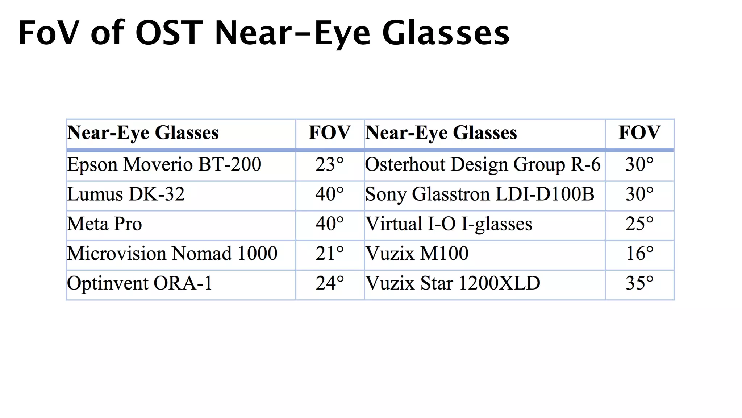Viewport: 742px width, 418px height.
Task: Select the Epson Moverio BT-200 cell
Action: point(164,164)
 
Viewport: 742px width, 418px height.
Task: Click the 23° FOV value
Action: point(329,164)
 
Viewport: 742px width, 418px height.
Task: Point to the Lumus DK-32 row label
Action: point(126,194)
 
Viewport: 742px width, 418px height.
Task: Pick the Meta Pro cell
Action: point(104,224)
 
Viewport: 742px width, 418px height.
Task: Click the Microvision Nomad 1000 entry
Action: point(172,253)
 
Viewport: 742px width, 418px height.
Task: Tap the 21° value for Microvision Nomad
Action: point(329,253)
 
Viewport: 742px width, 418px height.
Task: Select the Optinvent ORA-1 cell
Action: point(139,283)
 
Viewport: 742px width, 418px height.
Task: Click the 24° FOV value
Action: point(329,283)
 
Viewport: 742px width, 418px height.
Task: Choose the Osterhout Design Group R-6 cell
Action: point(483,164)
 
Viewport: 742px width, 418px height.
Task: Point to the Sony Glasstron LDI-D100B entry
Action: point(480,194)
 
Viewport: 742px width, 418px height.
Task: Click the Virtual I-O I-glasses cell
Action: point(449,224)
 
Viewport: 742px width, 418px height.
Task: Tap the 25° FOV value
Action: point(639,224)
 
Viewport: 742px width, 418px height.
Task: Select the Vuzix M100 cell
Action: point(417,253)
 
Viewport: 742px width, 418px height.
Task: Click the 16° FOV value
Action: point(639,253)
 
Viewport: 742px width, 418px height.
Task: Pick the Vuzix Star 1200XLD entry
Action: point(453,283)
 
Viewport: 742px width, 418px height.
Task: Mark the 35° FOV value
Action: point(639,283)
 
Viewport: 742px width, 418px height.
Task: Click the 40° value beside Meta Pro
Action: point(329,224)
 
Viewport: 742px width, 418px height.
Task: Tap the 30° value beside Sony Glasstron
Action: point(639,194)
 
